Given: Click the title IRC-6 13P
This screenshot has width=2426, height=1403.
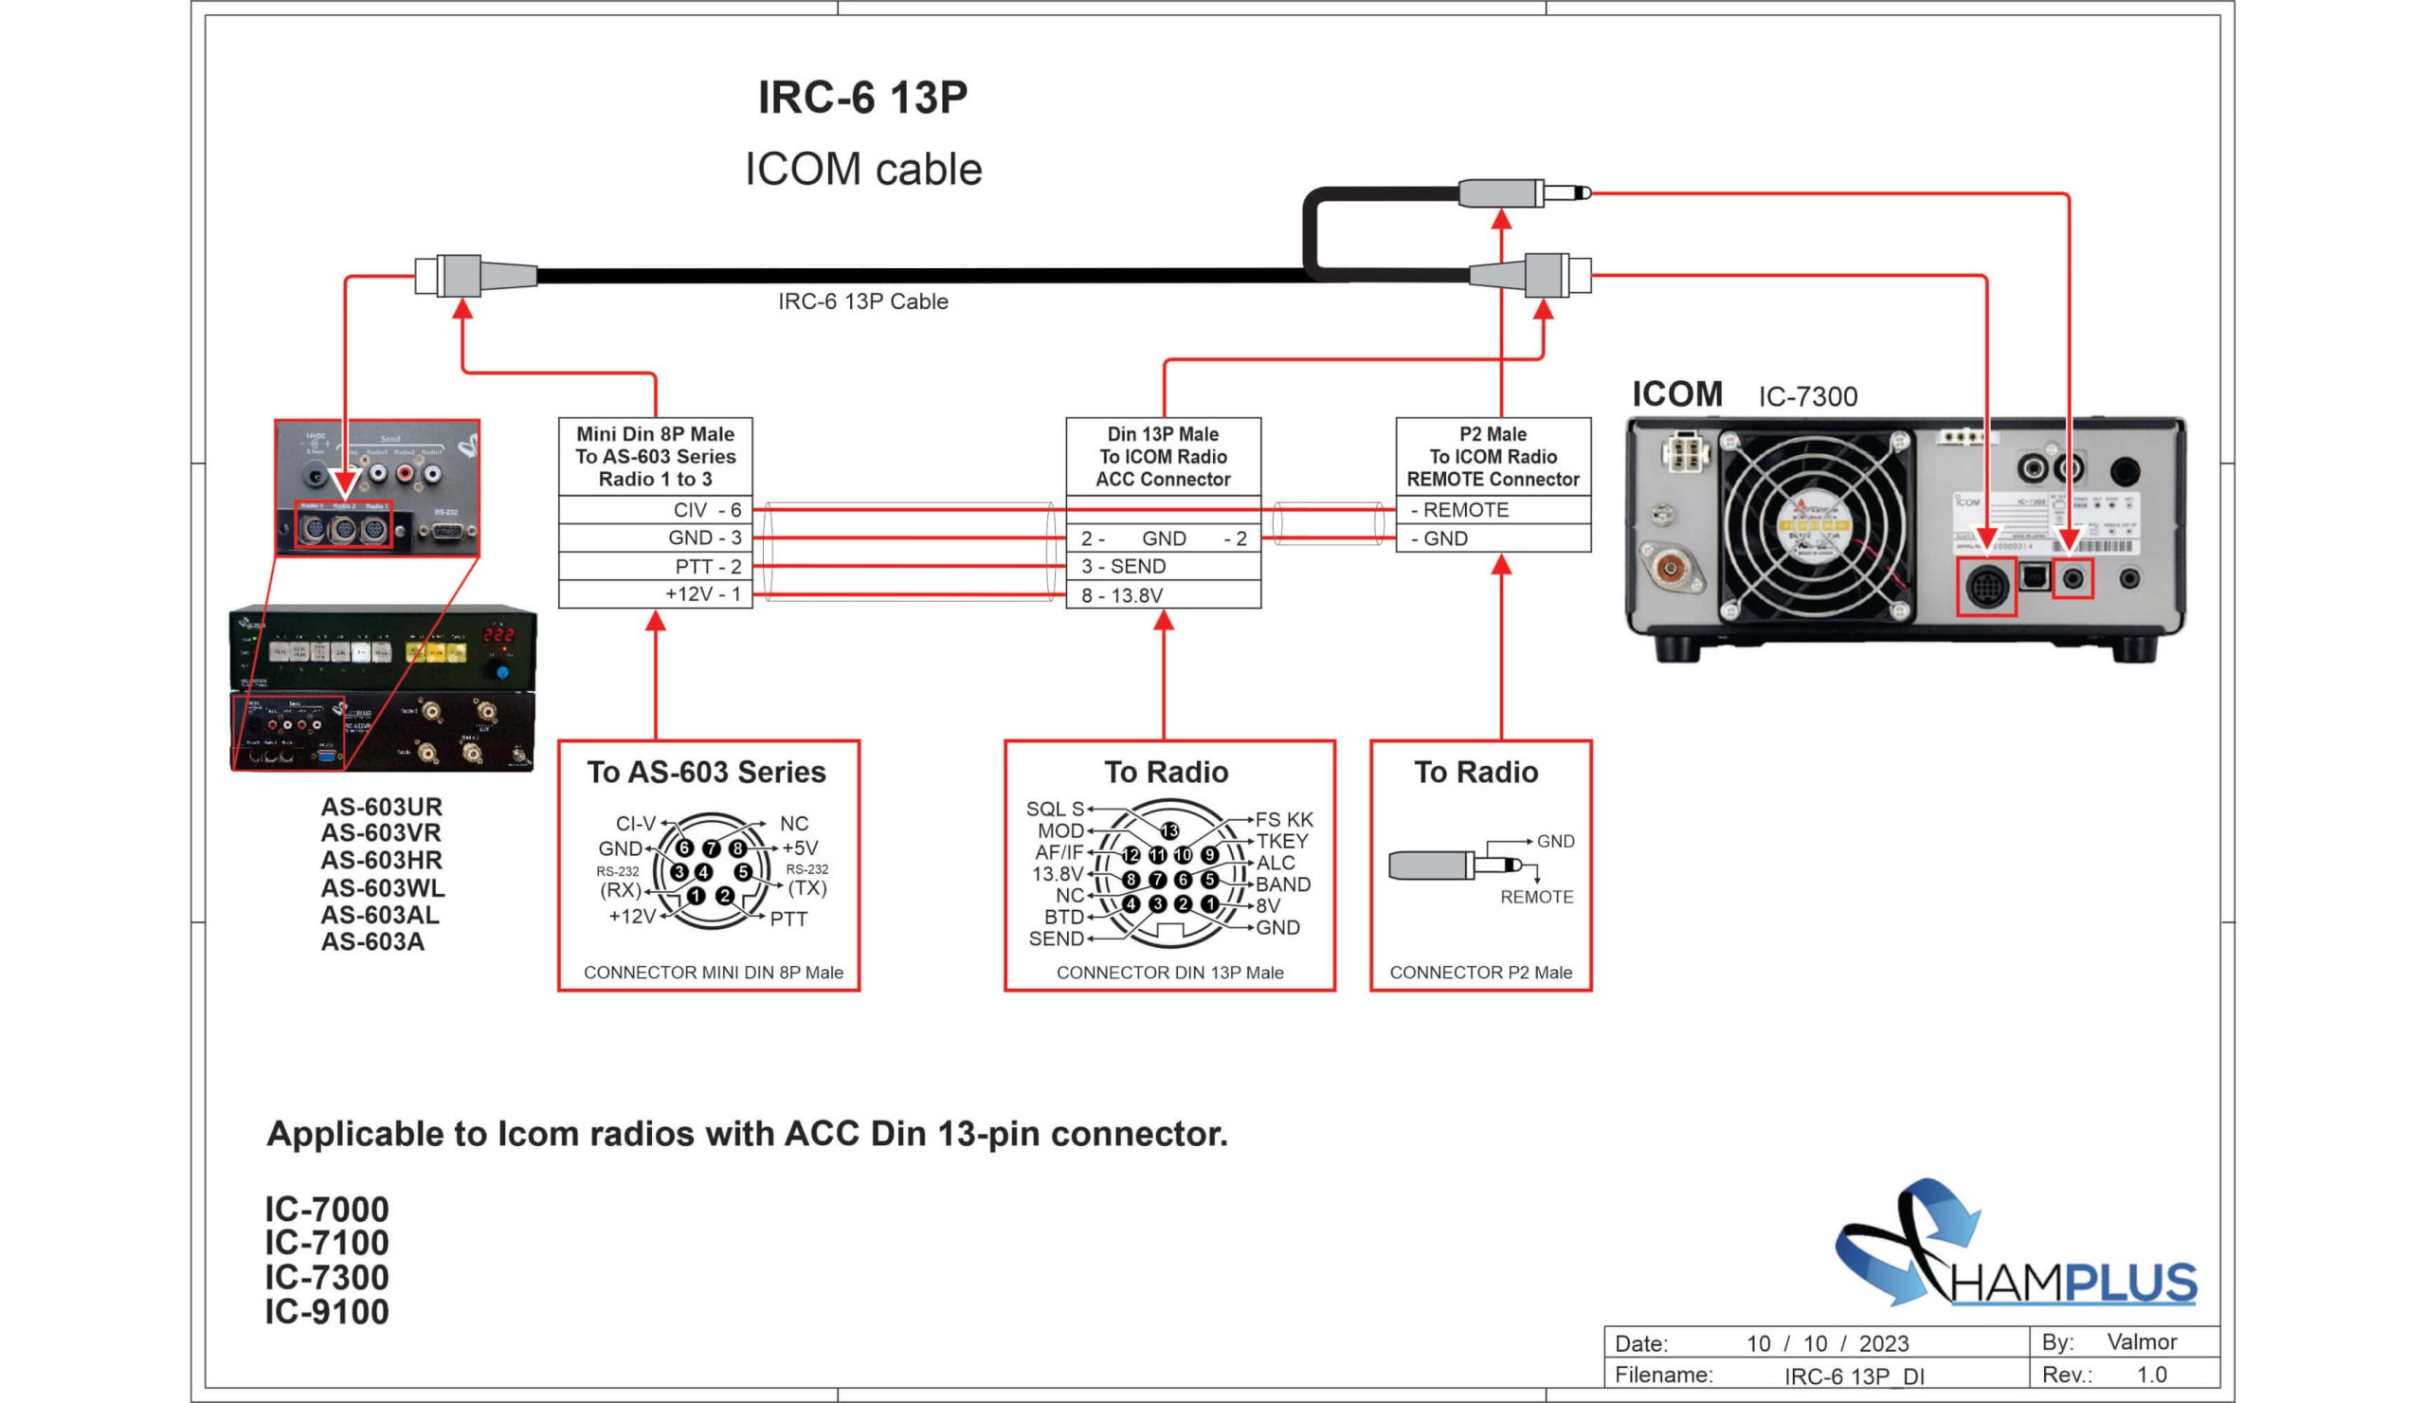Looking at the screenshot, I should tap(862, 98).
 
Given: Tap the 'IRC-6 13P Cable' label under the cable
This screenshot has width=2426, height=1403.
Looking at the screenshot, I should tap(862, 301).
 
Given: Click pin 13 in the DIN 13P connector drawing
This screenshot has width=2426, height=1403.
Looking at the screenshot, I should tap(1169, 830).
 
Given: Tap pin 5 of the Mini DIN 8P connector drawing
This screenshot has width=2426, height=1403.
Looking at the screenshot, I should tap(742, 871).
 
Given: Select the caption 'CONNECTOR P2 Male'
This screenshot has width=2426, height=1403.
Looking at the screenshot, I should tap(1480, 973).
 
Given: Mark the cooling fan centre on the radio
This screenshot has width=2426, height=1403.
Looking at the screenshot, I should tap(1814, 526).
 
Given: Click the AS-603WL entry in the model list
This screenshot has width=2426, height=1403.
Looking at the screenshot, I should tap(382, 888).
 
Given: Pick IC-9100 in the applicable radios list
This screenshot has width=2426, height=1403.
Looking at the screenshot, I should tap(327, 1312).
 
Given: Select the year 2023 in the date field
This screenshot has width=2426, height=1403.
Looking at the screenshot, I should tap(1883, 1343).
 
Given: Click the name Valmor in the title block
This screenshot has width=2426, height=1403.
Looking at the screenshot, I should tap(2141, 1341).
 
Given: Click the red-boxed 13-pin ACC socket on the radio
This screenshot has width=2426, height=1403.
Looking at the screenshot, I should tap(1986, 586).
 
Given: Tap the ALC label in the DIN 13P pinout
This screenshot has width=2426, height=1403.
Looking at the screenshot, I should tap(1276, 863).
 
